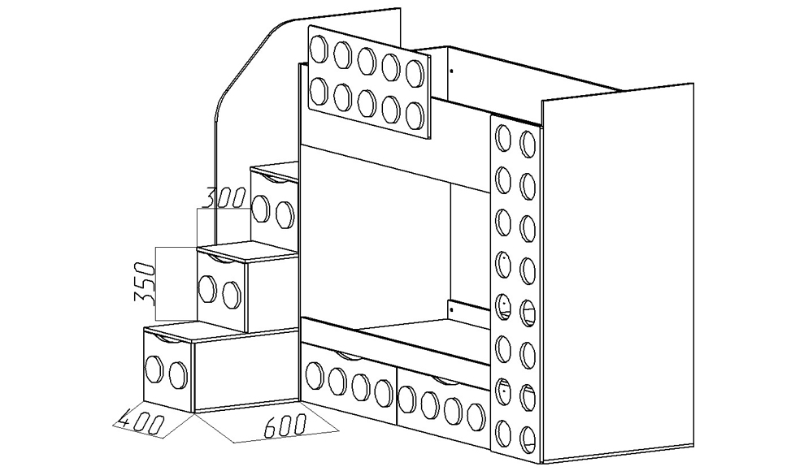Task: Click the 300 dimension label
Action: point(224,197)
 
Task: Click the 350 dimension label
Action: point(144,283)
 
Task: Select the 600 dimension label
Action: point(285,426)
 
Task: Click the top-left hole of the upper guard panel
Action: point(319,48)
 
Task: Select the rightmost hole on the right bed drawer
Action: point(476,417)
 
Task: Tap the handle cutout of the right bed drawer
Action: point(445,381)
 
